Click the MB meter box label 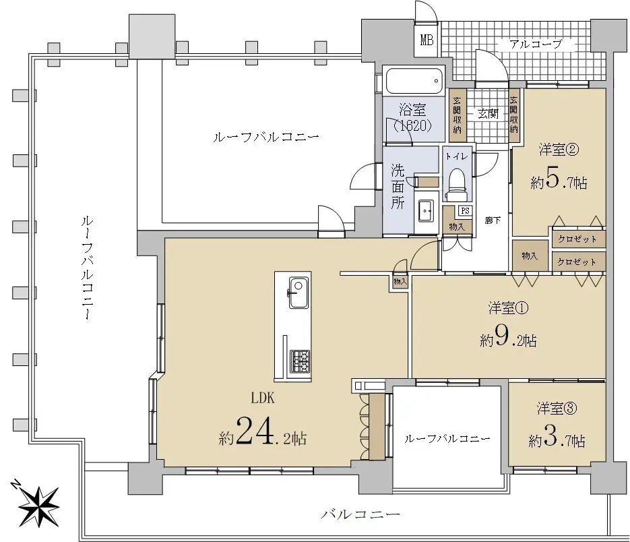point(427,40)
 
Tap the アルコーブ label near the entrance point(536,43)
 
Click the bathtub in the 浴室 point(414,81)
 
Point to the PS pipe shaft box point(465,210)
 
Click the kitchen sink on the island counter point(298,293)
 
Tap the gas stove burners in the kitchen point(300,361)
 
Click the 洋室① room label point(508,308)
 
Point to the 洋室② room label point(559,150)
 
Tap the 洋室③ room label point(557,409)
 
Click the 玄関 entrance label point(488,114)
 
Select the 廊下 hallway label point(493,220)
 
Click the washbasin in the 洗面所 point(425,210)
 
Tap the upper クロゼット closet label point(577,239)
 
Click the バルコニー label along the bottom point(360,514)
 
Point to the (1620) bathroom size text point(412,126)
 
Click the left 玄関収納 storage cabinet point(458,115)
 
